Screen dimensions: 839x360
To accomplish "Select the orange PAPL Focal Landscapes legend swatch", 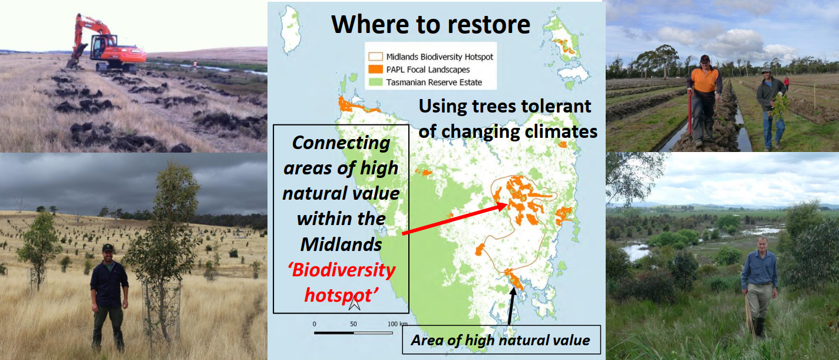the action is point(375,70).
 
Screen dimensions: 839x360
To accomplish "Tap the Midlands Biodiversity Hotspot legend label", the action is point(440,57).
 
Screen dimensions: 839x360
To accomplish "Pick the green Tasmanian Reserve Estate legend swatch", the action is point(375,82).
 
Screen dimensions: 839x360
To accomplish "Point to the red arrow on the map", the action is point(455,219).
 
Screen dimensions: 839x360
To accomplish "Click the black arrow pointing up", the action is point(511,305).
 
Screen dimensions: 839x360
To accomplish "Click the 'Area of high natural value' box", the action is point(501,340).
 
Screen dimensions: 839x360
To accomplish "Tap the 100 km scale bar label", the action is point(397,324).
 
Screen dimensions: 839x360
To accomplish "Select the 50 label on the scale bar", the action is point(353,324).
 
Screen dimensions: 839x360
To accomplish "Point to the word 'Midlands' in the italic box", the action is point(341,245).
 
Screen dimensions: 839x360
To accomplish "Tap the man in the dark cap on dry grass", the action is point(108,296).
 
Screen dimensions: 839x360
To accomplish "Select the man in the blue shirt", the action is point(759,286).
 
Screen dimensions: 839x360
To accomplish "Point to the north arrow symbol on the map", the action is point(354,303).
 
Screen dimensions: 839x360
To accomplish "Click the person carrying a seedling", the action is point(771,108).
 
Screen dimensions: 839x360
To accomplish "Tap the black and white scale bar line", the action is point(353,333).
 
